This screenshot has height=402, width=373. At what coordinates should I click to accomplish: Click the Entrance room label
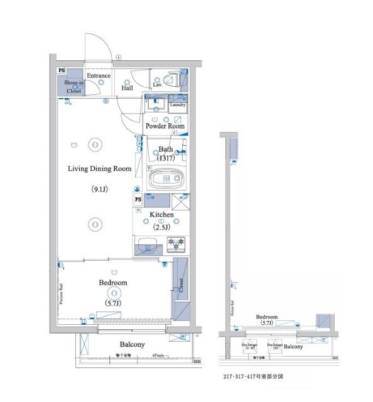[x=99, y=76]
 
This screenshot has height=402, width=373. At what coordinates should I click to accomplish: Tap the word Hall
[x=127, y=88]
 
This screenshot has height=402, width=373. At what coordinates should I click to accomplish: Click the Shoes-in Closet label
[x=73, y=87]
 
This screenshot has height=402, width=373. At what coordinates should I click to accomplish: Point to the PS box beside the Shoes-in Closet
[x=61, y=72]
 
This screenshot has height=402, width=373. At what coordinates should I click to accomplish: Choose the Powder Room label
[x=165, y=126]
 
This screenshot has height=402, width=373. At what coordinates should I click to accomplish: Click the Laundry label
[x=176, y=105]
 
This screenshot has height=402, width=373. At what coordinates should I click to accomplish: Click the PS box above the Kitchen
[x=138, y=200]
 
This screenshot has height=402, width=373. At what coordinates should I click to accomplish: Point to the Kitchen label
[x=161, y=215]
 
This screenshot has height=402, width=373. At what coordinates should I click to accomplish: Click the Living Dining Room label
[x=99, y=168]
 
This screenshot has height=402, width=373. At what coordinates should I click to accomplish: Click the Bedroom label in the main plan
[x=113, y=283]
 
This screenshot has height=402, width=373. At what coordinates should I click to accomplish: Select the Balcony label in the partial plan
[x=293, y=346]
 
